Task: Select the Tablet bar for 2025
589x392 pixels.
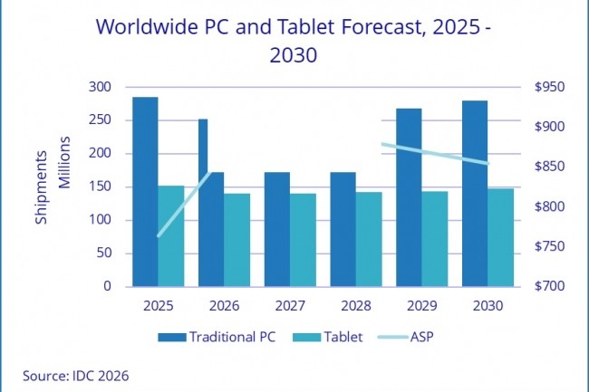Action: pos(171,235)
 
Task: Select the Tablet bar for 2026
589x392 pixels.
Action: pos(237,239)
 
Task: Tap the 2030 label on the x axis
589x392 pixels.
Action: pos(488,307)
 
